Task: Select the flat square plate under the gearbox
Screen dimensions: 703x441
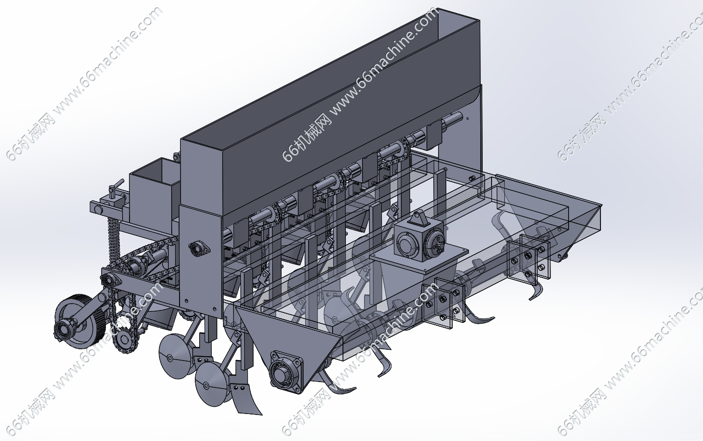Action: pyautogui.click(x=419, y=256)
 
